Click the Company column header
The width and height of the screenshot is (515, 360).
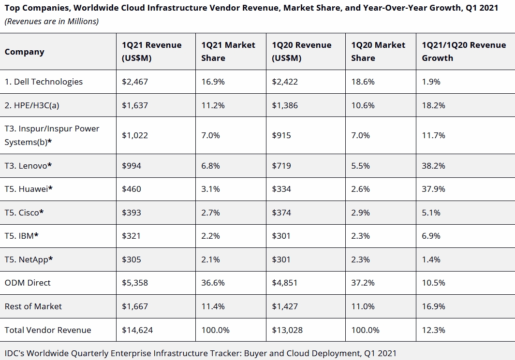[x=24, y=52]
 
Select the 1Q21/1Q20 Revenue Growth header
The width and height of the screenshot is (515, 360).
[x=464, y=52]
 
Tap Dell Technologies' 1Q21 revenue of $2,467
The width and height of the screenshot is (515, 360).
[x=135, y=82]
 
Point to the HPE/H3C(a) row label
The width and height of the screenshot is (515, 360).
[x=32, y=105]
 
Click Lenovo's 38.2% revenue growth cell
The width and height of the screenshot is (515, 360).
[x=434, y=166]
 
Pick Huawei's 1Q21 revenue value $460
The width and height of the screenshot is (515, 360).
[x=132, y=189]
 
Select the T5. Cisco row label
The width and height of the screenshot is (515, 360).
[x=24, y=213]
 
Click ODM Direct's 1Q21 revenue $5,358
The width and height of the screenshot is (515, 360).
[x=135, y=283]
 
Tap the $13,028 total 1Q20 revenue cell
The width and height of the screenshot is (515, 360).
[x=287, y=330]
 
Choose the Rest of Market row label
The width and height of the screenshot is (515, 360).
[x=33, y=306]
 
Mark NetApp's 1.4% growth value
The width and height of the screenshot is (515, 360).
[x=431, y=259]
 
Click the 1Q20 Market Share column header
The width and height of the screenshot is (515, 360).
[x=378, y=52]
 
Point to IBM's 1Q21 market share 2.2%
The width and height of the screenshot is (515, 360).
[x=210, y=236]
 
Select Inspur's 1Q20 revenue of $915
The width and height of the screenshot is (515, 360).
[x=281, y=135]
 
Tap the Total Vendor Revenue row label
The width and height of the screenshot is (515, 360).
[x=47, y=330]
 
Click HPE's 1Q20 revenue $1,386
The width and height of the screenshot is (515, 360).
[x=285, y=105]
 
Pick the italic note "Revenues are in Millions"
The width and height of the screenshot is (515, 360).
[x=52, y=21]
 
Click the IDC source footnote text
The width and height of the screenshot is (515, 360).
[x=200, y=353]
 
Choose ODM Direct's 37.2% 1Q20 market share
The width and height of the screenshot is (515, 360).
[x=363, y=283]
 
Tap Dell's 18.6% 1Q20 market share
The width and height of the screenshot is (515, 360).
[x=363, y=82]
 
